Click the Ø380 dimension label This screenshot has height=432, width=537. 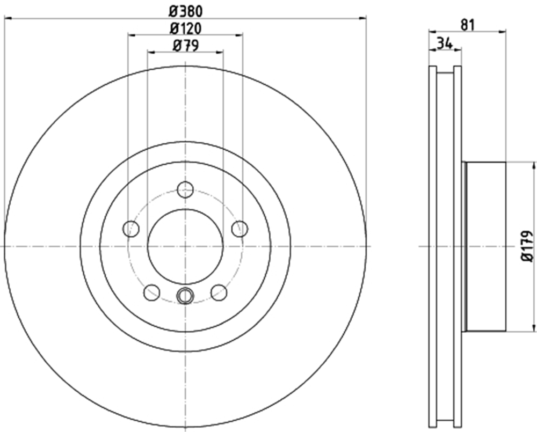pyautogui.click(x=186, y=12)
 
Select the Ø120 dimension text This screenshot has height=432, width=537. pyautogui.click(x=186, y=28)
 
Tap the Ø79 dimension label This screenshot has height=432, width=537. pyautogui.click(x=186, y=46)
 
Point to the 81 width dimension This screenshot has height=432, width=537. pyautogui.click(x=467, y=25)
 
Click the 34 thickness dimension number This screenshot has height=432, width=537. pyautogui.click(x=445, y=43)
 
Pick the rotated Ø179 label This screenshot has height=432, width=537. pyautogui.click(x=528, y=246)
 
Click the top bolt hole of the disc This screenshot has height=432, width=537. pyautogui.click(x=186, y=189)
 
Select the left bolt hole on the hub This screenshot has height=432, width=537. pyautogui.click(x=131, y=229)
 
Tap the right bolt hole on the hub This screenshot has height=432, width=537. pyautogui.click(x=240, y=229)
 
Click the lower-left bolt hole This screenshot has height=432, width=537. pyautogui.click(x=152, y=292)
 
